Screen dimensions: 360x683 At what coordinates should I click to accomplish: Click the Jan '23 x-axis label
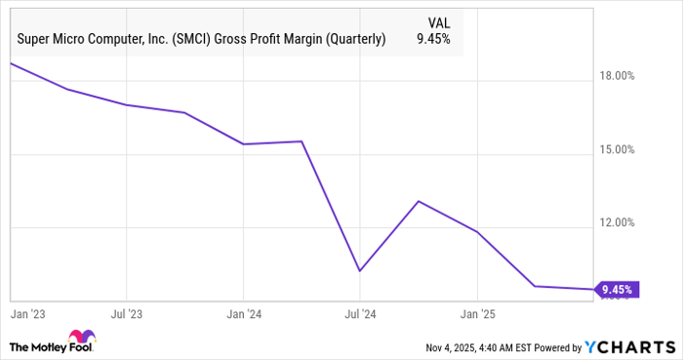point(28,314)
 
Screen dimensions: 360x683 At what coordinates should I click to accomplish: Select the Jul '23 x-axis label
point(127,314)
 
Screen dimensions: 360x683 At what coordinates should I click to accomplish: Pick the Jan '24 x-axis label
point(243,314)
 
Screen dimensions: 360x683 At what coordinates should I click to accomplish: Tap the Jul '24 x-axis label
point(360,314)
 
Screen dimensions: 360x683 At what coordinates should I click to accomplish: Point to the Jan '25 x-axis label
point(477,314)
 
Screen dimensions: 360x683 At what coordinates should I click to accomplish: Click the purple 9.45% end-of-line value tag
point(617,290)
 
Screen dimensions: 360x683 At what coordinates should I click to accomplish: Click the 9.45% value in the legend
point(433,40)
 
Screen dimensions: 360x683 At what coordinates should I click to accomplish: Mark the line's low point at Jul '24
point(360,270)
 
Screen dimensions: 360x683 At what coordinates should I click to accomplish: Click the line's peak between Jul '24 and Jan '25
point(418,201)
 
